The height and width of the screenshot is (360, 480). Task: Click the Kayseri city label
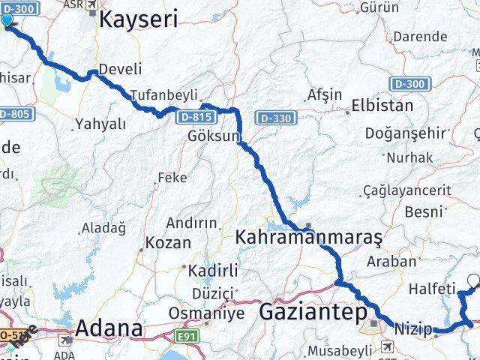point(139,19)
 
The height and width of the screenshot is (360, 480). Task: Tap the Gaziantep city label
point(313,311)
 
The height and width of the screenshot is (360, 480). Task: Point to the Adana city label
point(109,328)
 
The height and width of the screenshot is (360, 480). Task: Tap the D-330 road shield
point(275,118)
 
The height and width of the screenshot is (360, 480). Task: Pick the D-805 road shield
point(13,114)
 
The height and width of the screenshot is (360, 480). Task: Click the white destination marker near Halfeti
point(473,282)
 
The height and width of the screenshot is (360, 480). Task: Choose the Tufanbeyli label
point(163,95)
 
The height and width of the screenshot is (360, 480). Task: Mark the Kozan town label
point(168,244)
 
